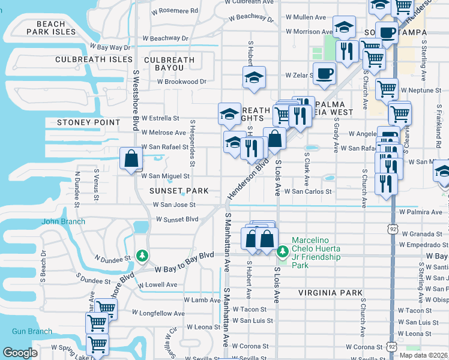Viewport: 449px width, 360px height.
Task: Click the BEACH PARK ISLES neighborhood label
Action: pyautogui.click(x=51, y=28)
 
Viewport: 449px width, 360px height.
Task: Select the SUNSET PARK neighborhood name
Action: pyautogui.click(x=179, y=191)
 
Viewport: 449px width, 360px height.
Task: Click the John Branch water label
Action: pyautogui.click(x=63, y=221)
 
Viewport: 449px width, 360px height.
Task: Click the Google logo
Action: pyautogui.click(x=20, y=353)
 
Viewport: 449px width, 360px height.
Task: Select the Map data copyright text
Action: pyautogui.click(x=423, y=355)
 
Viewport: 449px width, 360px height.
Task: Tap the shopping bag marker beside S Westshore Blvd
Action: pyautogui.click(x=131, y=160)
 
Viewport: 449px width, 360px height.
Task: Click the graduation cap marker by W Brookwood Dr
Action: pyautogui.click(x=254, y=78)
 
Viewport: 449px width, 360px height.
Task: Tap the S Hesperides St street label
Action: pyautogui.click(x=193, y=143)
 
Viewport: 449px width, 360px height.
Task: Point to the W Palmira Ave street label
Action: pyautogui.click(x=421, y=212)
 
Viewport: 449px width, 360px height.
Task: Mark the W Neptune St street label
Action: pyautogui.click(x=421, y=90)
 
